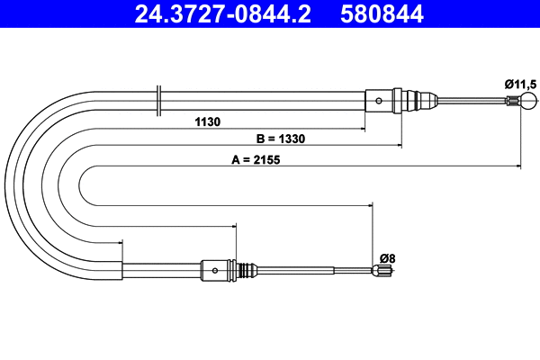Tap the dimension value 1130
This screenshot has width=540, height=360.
click(x=208, y=121)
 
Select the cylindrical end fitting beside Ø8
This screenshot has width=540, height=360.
click(x=382, y=269)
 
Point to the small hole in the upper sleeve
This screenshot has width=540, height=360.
click(x=380, y=100)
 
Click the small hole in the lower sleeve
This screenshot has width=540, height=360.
click(x=216, y=269)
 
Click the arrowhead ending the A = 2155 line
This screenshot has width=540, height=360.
click(x=518, y=167)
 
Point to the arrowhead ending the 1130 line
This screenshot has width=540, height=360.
click(x=360, y=128)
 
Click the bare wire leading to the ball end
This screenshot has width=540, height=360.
click(x=472, y=100)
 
